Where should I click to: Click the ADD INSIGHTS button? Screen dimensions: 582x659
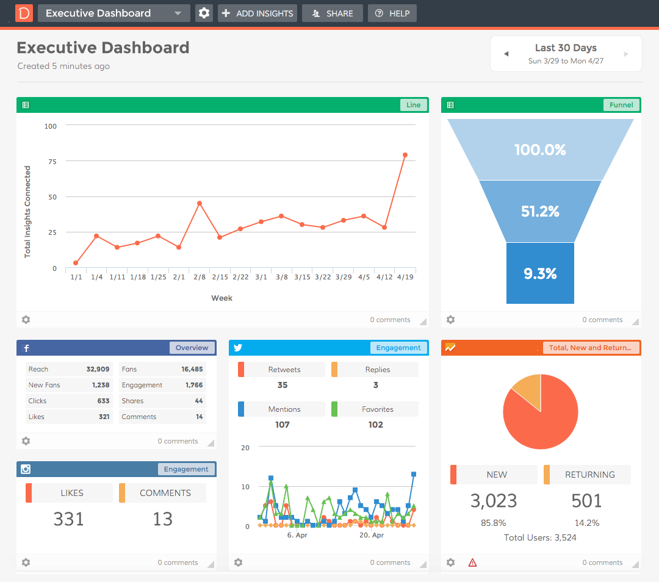click(257, 13)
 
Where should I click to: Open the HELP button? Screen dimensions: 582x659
click(392, 13)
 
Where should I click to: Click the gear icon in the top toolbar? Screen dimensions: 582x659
click(204, 13)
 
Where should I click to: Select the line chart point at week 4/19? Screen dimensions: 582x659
click(405, 155)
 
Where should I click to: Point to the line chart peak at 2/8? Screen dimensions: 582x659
click(199, 203)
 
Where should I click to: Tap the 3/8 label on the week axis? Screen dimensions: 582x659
click(281, 277)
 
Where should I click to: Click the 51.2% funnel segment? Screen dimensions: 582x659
click(540, 211)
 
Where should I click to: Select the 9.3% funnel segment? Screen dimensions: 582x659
click(540, 273)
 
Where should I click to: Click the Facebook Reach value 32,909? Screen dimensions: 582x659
click(98, 369)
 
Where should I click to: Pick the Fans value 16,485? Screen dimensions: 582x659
click(192, 369)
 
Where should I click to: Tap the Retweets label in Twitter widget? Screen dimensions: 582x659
click(284, 370)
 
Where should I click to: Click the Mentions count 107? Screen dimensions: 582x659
click(282, 425)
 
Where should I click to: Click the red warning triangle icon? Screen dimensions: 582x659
click(472, 562)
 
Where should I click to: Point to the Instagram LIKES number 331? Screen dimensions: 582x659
click(68, 519)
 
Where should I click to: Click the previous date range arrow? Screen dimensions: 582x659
click(506, 54)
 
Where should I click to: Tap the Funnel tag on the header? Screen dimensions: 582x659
click(621, 105)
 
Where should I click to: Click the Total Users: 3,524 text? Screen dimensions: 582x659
click(540, 537)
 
